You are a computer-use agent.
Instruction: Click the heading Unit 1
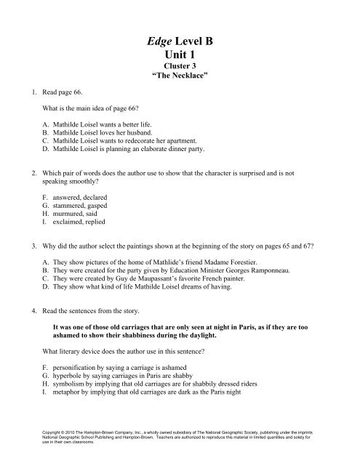(x=180, y=60)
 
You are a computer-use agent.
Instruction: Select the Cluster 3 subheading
(x=180, y=73)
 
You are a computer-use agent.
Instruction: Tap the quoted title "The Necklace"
(x=180, y=82)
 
